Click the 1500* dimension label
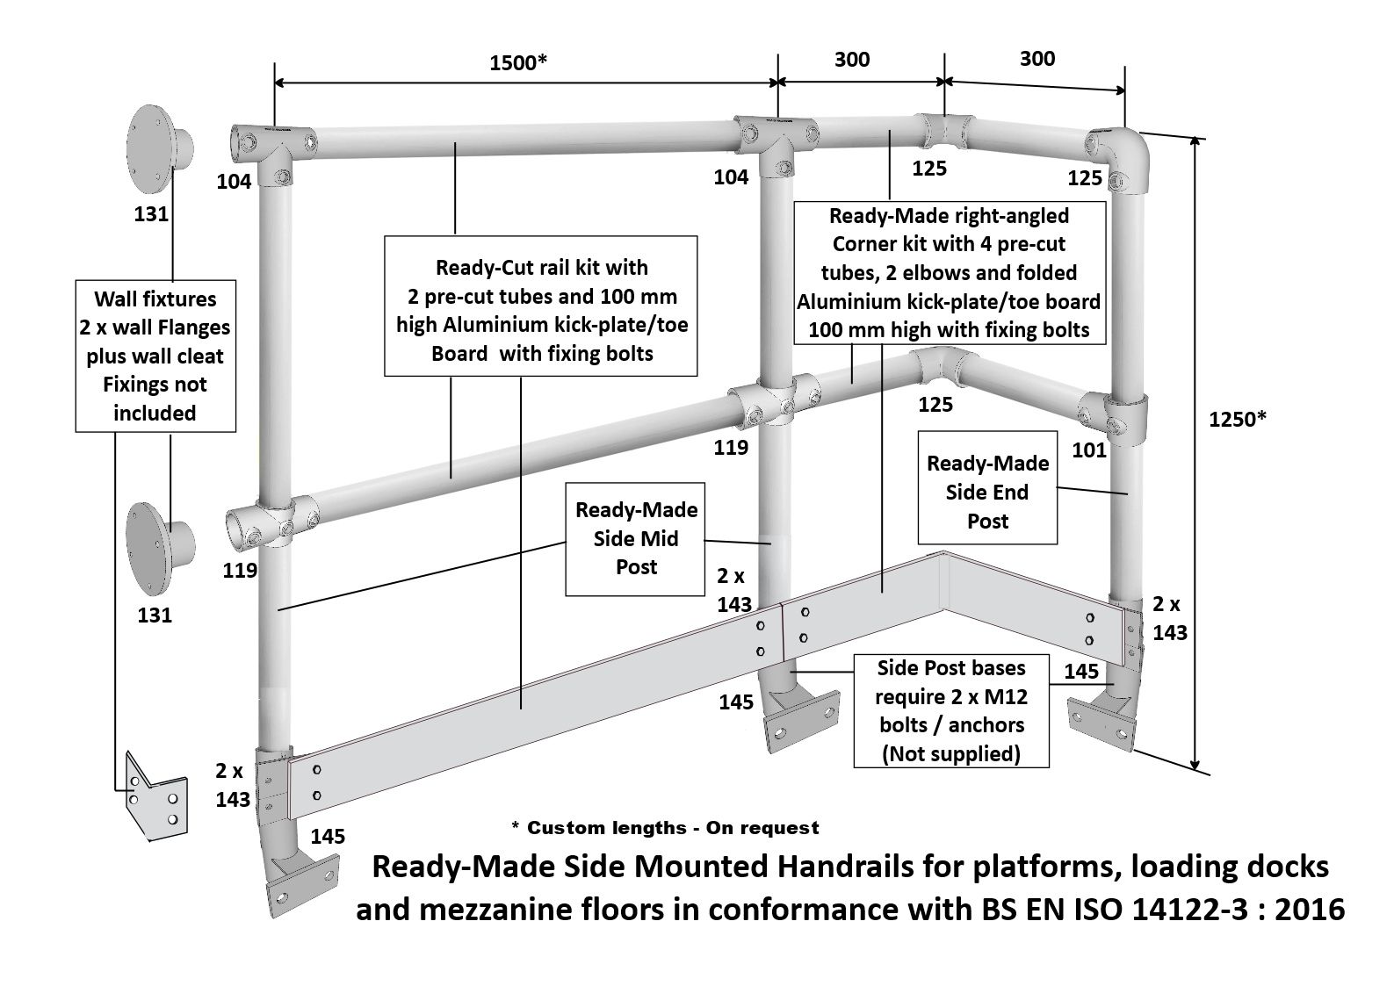tap(517, 62)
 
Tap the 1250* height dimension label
tap(1237, 420)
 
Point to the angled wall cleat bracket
tap(155, 796)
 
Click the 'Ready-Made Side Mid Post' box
tap(635, 539)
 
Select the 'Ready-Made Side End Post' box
tap(987, 487)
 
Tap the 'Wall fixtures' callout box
tap(155, 356)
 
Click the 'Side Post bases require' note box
tap(951, 710)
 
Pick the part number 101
tap(1088, 450)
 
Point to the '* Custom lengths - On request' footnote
tap(665, 827)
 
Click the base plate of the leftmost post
tap(302, 883)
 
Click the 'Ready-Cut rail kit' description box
tap(540, 306)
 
